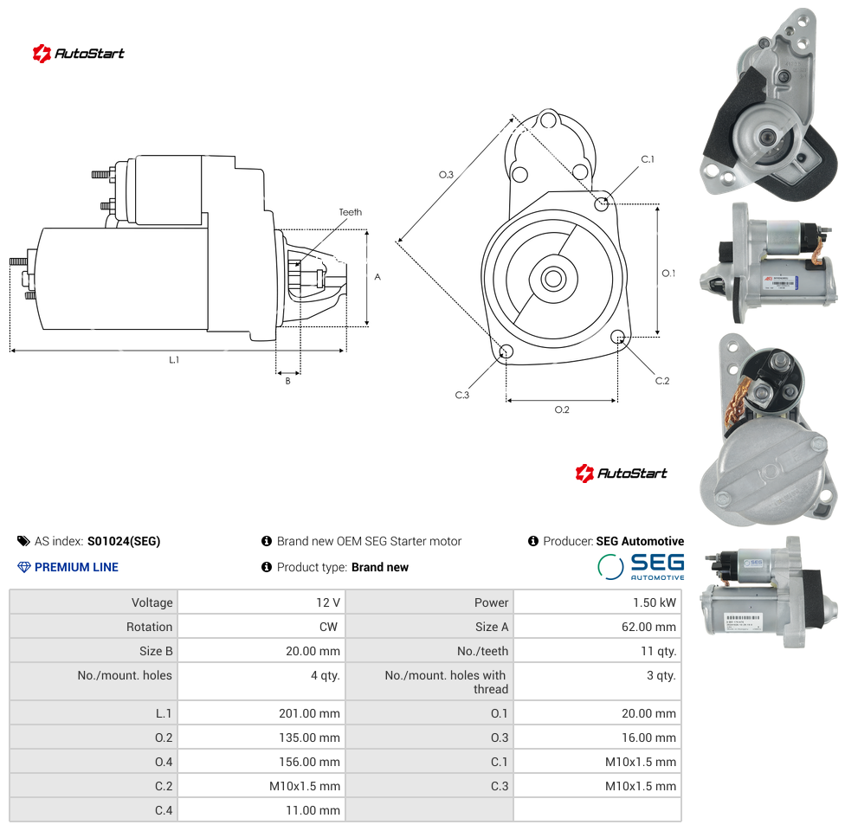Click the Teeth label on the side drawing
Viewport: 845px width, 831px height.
coord(351,212)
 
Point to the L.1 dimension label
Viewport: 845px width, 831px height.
coord(174,359)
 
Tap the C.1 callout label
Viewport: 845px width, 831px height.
coord(648,159)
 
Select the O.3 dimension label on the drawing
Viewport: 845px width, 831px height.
coord(446,175)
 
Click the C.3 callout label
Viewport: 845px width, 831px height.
coord(461,395)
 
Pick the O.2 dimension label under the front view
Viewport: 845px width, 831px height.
coord(562,409)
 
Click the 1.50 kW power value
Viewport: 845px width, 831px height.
coord(654,602)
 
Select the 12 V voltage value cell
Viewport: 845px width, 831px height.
coord(327,602)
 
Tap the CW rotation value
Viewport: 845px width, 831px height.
coord(328,627)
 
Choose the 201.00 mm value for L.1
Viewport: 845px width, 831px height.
coord(309,713)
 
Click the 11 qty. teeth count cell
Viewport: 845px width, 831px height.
coord(658,651)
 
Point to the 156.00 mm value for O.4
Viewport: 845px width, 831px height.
coord(309,762)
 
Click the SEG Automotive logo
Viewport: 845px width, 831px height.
coord(641,566)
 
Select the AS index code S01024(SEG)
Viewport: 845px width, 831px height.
coord(124,541)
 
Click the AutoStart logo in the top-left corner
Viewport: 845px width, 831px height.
coord(78,54)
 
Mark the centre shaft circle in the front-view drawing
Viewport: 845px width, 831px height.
coord(553,279)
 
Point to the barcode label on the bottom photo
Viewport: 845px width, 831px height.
coord(743,619)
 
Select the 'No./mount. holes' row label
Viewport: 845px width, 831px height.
coord(125,675)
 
